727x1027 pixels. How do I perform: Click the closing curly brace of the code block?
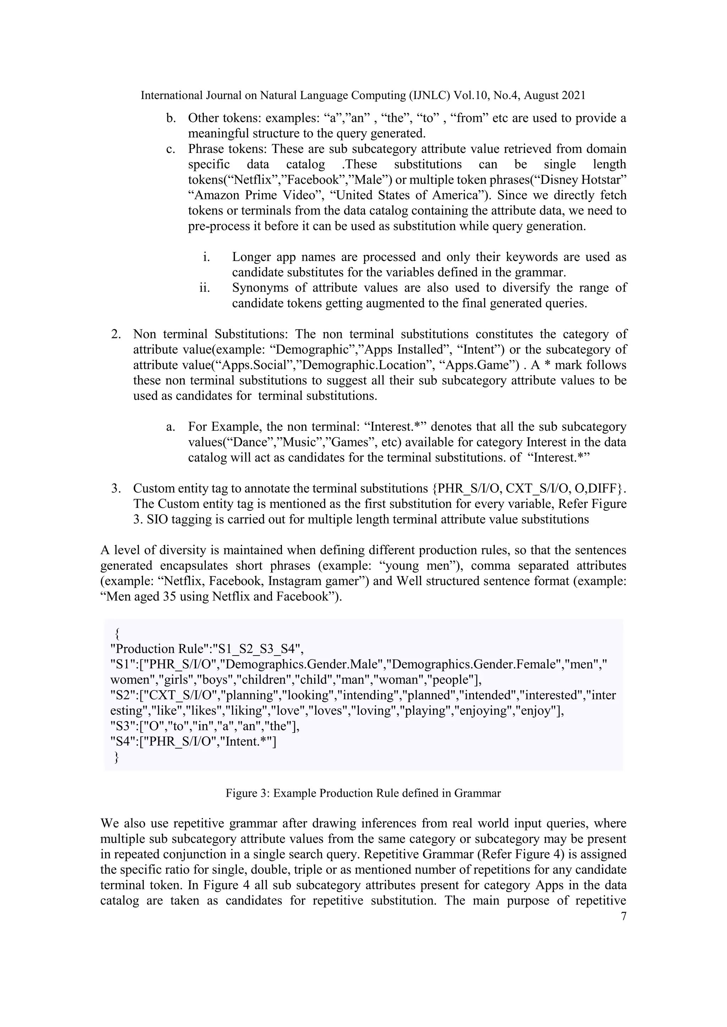(x=117, y=757)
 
